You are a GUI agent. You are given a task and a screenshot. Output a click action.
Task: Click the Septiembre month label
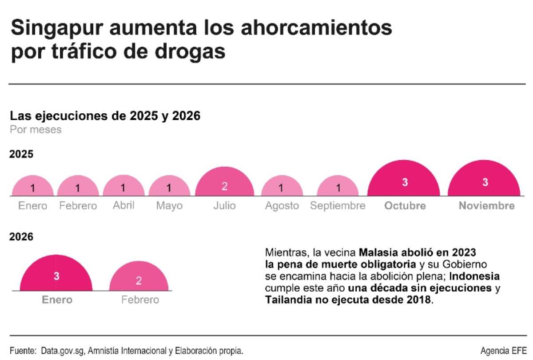click(x=338, y=206)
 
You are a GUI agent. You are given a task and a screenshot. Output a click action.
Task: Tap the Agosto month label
click(x=282, y=206)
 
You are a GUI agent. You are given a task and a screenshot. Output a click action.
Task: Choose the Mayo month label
click(x=169, y=206)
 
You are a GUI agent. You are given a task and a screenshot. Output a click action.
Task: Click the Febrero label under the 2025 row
click(x=78, y=206)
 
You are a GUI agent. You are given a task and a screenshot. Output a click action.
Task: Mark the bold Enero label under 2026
click(x=57, y=300)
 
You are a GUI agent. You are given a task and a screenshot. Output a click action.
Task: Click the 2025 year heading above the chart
click(x=22, y=154)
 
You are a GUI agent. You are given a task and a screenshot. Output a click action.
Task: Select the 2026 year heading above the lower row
click(x=22, y=237)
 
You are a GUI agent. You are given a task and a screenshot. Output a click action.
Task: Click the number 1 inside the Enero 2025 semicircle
click(x=32, y=188)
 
